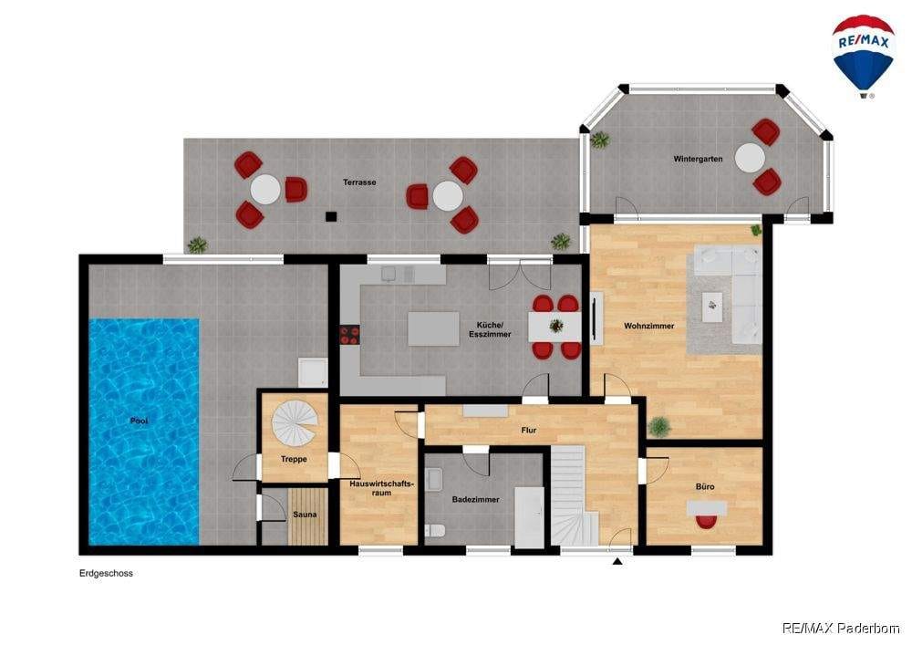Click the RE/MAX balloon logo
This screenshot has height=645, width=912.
[x=863, y=57]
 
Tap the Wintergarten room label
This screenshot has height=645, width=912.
[x=698, y=159]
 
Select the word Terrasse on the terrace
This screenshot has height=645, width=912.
[x=358, y=182]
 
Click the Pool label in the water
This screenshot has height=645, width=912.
[x=139, y=421]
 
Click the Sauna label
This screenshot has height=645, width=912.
[x=305, y=515]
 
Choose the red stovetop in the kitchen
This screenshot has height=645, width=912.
[x=349, y=335]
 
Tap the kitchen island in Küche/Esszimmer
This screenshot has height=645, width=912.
[x=433, y=328]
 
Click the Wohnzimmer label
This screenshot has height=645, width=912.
[x=649, y=327]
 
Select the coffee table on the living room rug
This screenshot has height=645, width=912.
[x=712, y=307]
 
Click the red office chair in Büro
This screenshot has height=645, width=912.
[x=707, y=522]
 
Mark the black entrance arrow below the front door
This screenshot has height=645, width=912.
[x=617, y=561]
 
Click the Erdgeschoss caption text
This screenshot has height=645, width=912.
[x=106, y=574]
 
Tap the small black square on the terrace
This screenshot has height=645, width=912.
[x=331, y=217]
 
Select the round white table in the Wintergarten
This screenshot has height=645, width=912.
[x=750, y=158]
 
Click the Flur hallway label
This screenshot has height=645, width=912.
[x=529, y=431]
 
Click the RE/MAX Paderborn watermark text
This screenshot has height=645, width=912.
[x=841, y=629]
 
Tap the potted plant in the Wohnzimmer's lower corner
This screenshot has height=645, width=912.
[x=659, y=427]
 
